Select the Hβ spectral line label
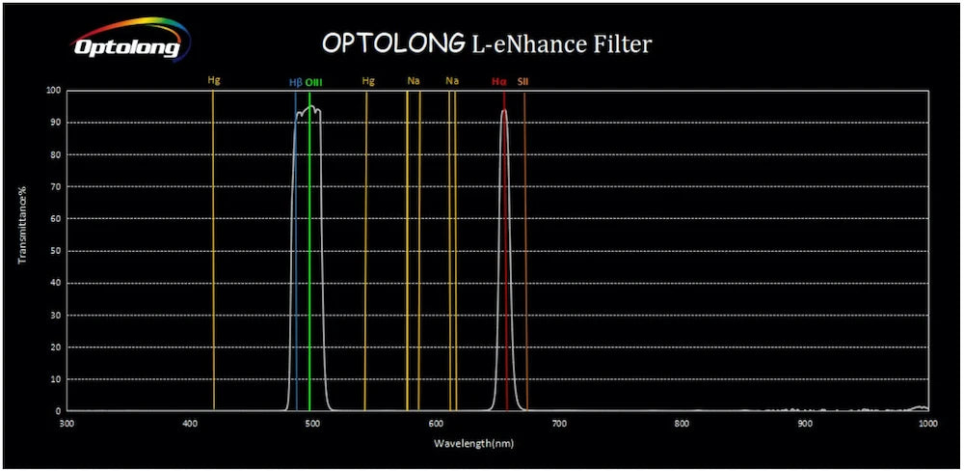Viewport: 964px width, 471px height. [x=296, y=82]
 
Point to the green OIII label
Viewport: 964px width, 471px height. [x=313, y=82]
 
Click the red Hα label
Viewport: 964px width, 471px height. [x=498, y=82]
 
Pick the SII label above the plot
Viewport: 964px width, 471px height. [x=522, y=82]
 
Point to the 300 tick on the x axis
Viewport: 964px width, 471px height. [x=67, y=423]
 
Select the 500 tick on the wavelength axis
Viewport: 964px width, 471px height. [x=313, y=423]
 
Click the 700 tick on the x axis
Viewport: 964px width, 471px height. [x=559, y=423]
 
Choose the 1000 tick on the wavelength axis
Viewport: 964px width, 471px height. [x=927, y=423]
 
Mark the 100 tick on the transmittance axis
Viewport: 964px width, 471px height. [x=54, y=91]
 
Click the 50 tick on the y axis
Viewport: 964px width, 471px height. [x=56, y=251]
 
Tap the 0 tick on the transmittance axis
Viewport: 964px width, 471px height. [x=58, y=411]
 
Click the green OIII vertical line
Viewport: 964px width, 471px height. [x=309, y=241]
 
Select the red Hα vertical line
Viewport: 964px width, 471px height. [x=505, y=241]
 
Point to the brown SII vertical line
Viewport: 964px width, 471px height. [x=525, y=241]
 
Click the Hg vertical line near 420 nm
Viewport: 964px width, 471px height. [x=214, y=241]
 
